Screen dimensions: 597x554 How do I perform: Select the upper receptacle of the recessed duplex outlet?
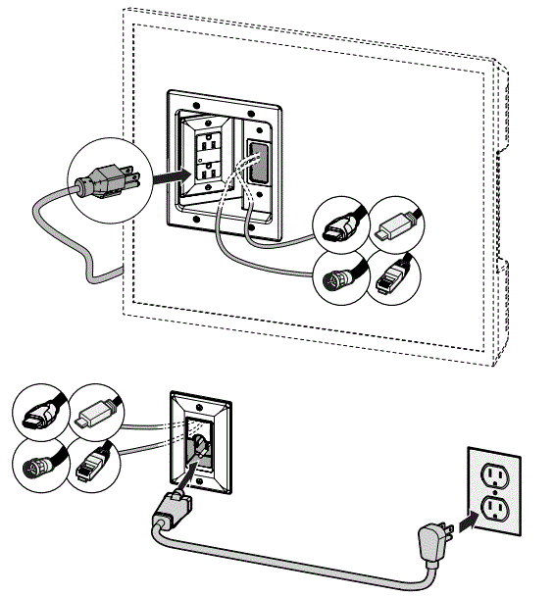coord(209,142)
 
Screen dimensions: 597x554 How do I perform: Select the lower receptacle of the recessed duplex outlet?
coord(209,170)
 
